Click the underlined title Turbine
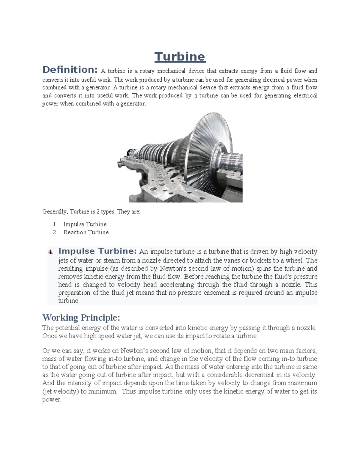click(180, 57)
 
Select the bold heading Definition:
click(70, 70)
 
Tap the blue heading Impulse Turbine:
click(97, 251)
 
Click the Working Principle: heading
click(81, 317)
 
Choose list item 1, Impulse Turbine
click(85, 224)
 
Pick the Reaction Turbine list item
click(86, 232)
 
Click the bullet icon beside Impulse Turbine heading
click(51, 252)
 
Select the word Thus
click(129, 391)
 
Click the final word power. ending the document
click(52, 400)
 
